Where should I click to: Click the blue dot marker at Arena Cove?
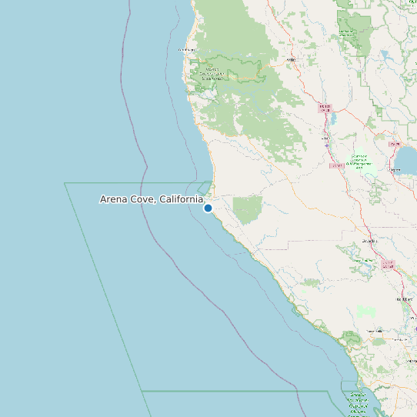208,208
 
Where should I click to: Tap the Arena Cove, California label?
152,199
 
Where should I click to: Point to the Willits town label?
291,59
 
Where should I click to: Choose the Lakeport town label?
395,144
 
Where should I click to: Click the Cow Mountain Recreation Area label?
359,161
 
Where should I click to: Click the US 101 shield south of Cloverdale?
388,264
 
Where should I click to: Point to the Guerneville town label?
377,332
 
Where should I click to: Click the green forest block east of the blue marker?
248,210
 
